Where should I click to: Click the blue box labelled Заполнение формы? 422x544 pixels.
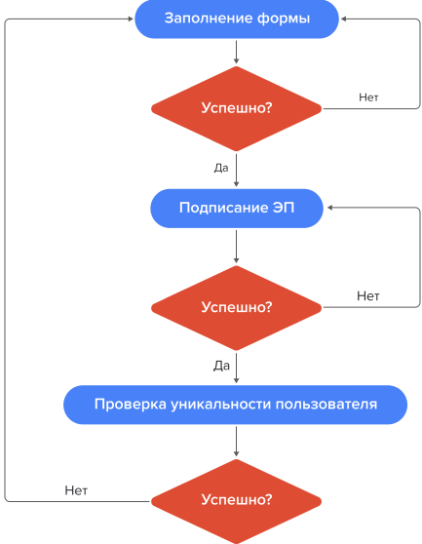tap(235, 19)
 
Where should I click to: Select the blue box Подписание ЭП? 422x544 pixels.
tap(235, 208)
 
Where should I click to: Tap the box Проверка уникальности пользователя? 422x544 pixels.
tap(235, 404)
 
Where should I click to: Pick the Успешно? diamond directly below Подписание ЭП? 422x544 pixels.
tap(235, 306)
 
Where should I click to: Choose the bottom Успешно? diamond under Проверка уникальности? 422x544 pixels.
tap(235, 500)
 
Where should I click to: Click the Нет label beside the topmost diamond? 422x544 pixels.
tap(368, 97)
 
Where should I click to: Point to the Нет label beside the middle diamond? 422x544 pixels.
tap(367, 295)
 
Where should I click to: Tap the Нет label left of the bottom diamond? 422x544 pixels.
tap(76, 490)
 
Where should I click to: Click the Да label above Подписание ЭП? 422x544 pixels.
tap(221, 168)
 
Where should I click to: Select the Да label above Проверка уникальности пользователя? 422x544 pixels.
tap(221, 366)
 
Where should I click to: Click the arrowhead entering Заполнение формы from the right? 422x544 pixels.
tap(344, 19)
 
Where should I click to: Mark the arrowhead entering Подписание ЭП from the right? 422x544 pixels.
tap(328, 208)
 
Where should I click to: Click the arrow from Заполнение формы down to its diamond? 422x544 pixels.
tap(235, 53)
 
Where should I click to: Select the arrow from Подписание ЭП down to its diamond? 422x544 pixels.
tap(235, 248)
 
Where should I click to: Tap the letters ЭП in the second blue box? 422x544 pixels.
tap(282, 208)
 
